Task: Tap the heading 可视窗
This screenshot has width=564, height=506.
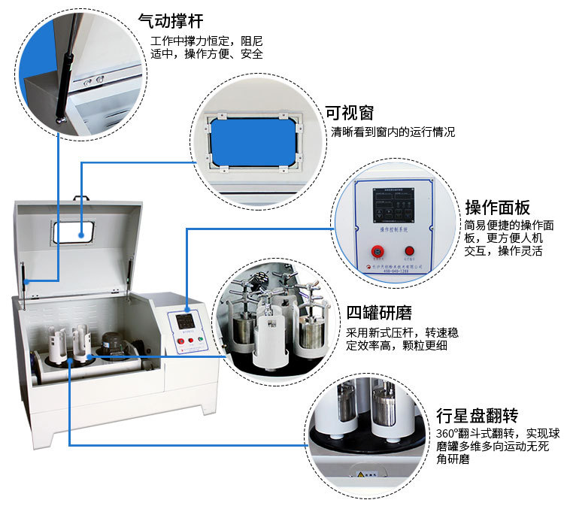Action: [x=349, y=113]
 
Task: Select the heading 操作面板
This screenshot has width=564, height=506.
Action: [x=499, y=207]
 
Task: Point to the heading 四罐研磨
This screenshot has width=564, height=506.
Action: [x=380, y=312]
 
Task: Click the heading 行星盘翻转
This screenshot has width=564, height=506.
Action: [x=478, y=415]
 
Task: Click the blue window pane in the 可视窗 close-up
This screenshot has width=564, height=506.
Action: [x=252, y=143]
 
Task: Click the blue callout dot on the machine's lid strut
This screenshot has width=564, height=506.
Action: [x=26, y=281]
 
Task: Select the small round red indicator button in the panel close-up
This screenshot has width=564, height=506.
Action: [x=409, y=251]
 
